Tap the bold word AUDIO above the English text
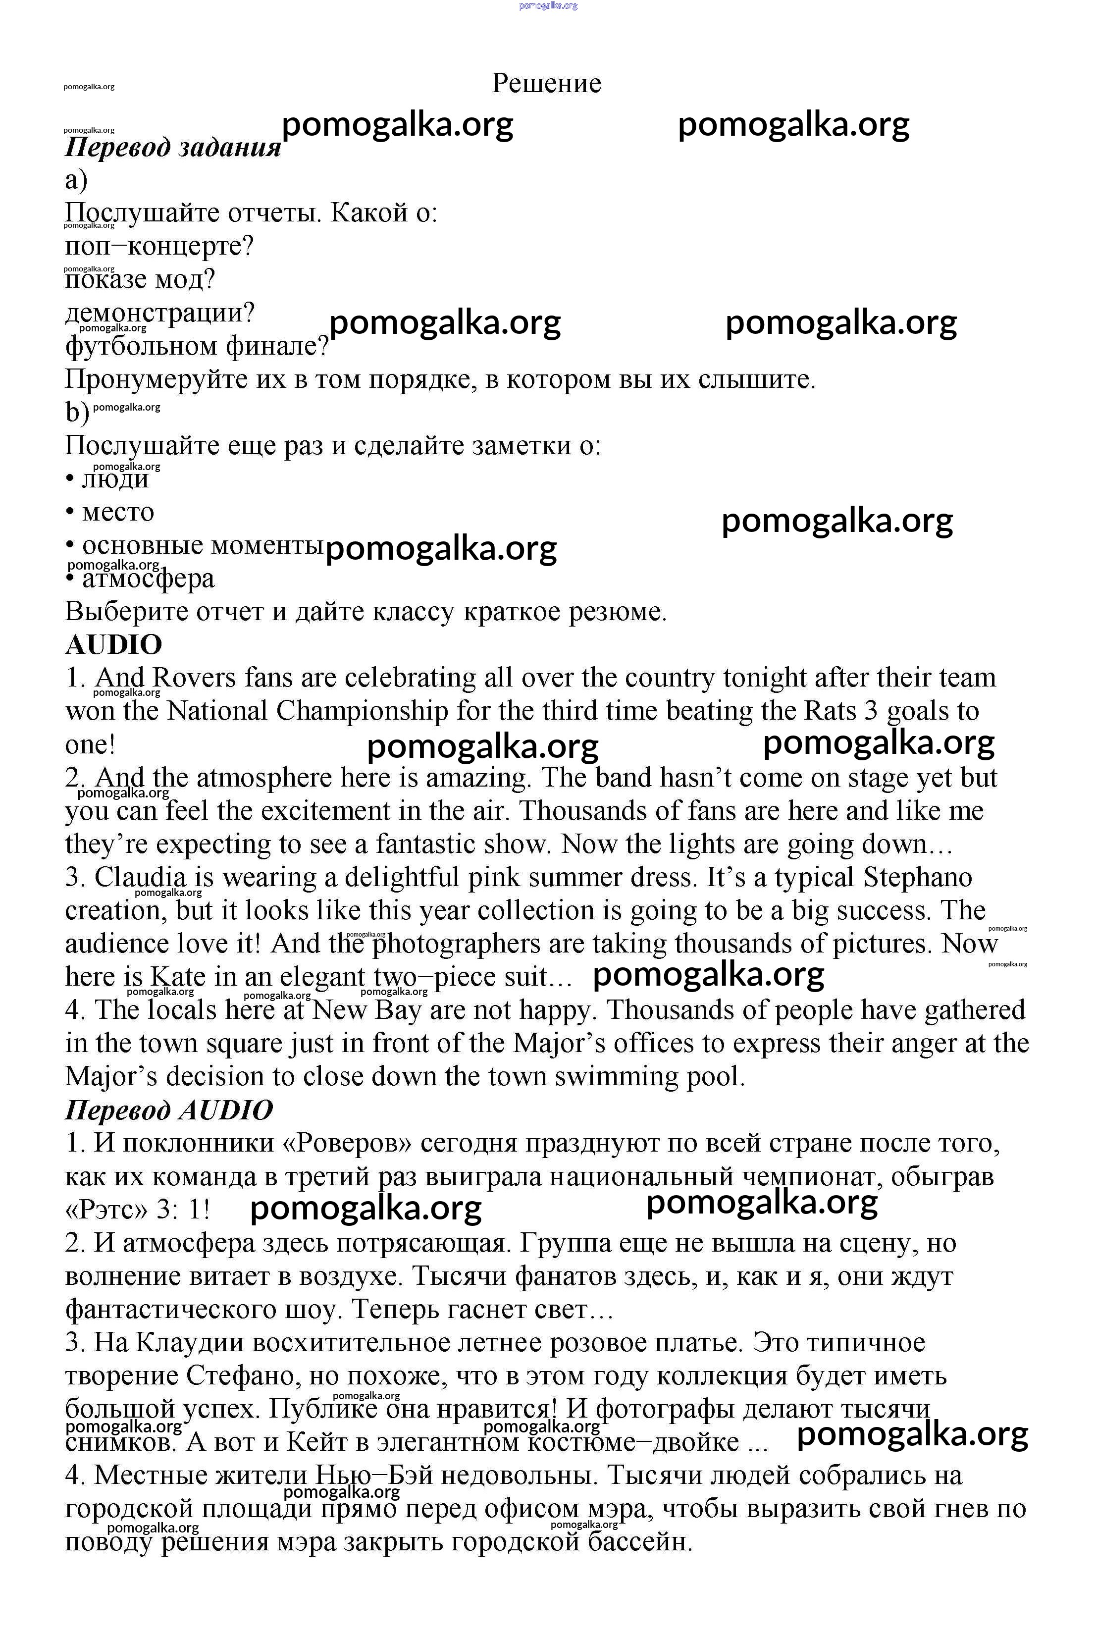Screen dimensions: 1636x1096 click(113, 644)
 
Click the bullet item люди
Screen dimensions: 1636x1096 click(115, 478)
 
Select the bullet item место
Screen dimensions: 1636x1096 click(117, 512)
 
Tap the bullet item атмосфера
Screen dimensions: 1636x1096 click(148, 579)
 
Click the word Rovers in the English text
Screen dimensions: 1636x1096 click(194, 678)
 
